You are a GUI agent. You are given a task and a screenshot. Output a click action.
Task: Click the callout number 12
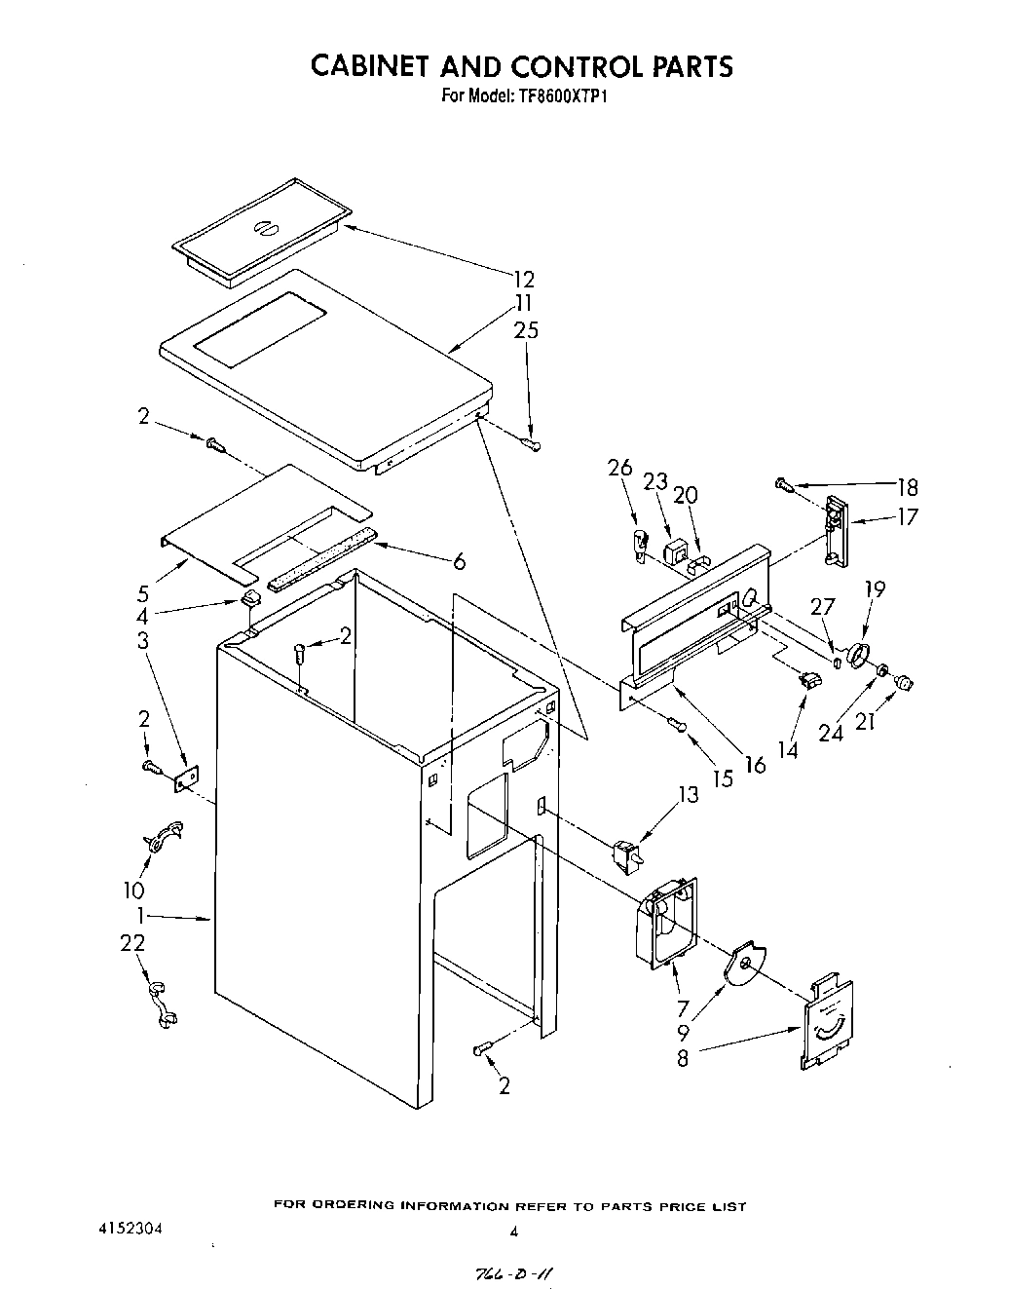pos(524,280)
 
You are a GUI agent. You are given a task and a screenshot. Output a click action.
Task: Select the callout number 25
pos(526,330)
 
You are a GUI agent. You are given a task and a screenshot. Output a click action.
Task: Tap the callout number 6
pos(459,561)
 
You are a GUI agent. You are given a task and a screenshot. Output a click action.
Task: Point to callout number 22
pos(132,942)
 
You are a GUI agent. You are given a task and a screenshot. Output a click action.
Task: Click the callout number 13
pos(688,795)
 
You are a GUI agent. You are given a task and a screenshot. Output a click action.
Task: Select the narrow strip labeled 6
pos(321,563)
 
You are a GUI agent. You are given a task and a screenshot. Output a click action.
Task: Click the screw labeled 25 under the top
pos(533,444)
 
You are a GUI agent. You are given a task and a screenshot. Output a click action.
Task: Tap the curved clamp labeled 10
pos(161,838)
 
